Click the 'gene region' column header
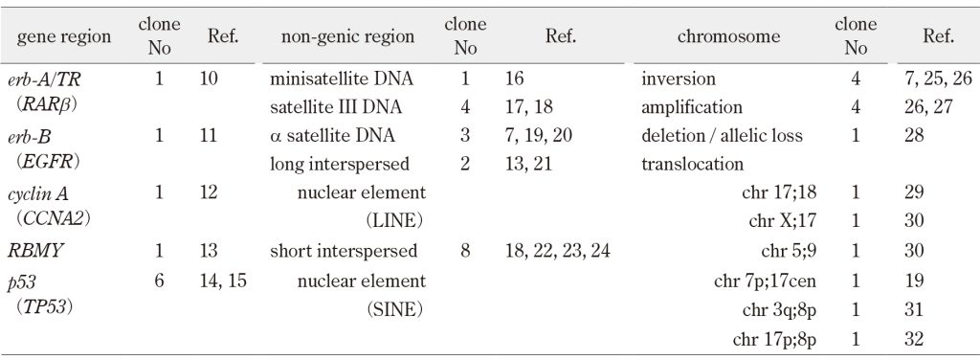tap(64, 37)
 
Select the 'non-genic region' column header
tap(347, 37)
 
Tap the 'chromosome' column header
tap(728, 37)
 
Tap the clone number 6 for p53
tap(159, 281)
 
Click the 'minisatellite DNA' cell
tap(342, 79)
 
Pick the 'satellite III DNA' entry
tap(336, 107)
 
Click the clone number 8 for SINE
tap(465, 251)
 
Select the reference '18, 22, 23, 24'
tap(558, 251)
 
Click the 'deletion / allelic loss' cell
tap(722, 135)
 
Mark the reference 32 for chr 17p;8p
tap(913, 339)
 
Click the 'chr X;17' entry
tap(783, 221)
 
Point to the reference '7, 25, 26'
tap(938, 79)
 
